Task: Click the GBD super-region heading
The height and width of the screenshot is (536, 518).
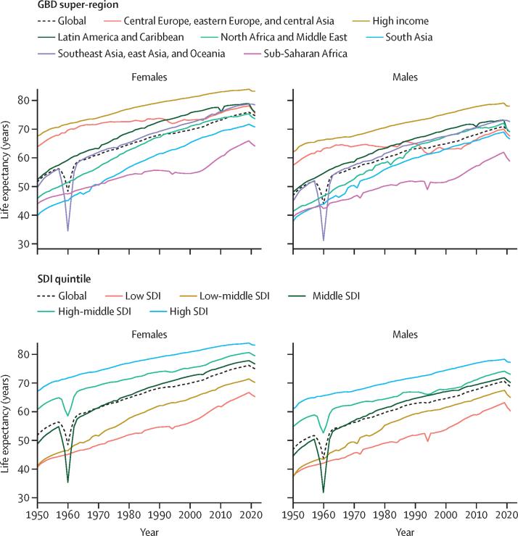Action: click(x=59, y=6)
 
